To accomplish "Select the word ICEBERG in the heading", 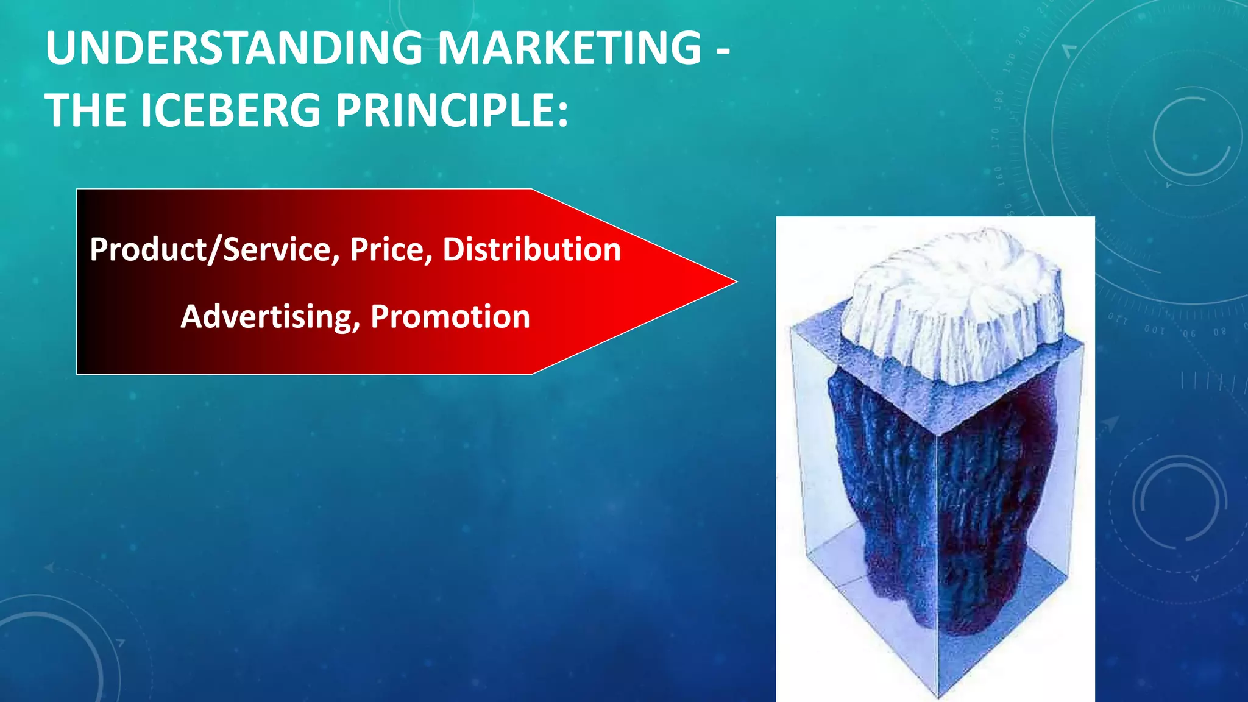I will point(230,111).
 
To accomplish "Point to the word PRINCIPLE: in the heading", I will point(452,111).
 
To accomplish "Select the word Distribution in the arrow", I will point(531,250).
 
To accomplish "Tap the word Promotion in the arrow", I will point(450,317).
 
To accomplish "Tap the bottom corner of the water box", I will point(939,695).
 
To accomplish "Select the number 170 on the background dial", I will point(995,138).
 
